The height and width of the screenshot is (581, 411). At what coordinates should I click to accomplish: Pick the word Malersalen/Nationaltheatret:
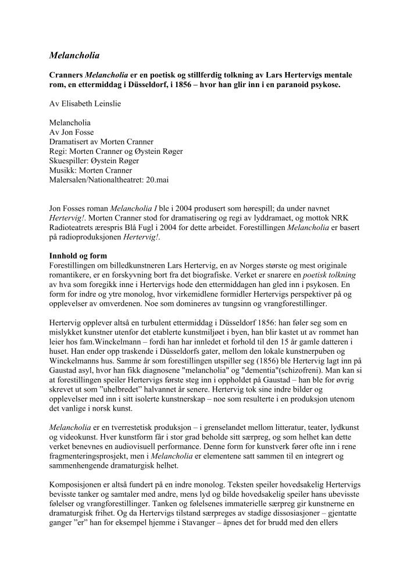pyautogui.click(x=95, y=180)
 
